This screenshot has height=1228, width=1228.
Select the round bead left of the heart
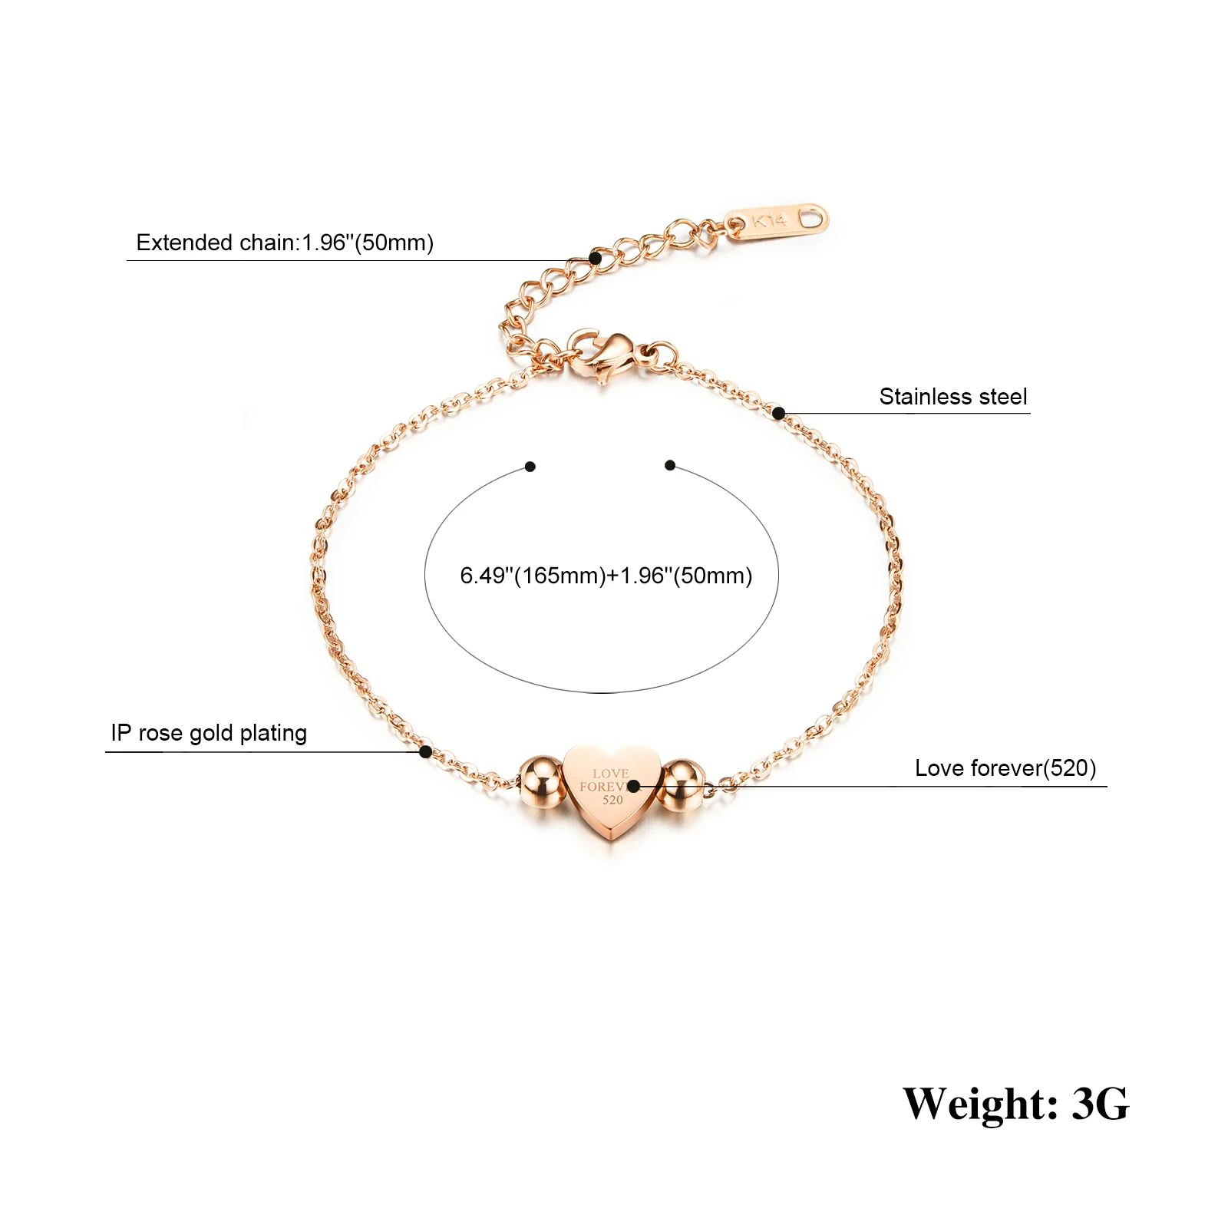(x=541, y=782)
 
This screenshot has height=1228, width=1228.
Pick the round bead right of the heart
(x=682, y=784)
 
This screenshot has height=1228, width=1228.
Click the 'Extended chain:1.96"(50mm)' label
(x=285, y=243)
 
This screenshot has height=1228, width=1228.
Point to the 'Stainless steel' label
(x=952, y=397)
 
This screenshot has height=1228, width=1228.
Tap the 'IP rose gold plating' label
(x=209, y=733)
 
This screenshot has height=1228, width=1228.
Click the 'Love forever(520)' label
(x=1005, y=768)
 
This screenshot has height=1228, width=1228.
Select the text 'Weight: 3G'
(x=1015, y=1104)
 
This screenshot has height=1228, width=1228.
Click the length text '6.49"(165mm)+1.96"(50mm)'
(x=606, y=576)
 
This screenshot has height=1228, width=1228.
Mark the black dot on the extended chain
(x=595, y=258)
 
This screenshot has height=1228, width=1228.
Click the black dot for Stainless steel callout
(x=778, y=414)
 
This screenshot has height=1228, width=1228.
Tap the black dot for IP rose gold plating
(x=425, y=752)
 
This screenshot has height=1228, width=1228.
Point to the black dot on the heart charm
(x=633, y=786)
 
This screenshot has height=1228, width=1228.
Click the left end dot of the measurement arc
(x=530, y=466)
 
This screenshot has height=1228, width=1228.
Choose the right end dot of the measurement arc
(x=670, y=465)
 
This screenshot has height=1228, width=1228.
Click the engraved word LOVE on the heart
(x=610, y=774)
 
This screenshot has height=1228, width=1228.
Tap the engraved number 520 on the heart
(x=612, y=801)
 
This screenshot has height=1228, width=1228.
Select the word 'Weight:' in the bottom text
(x=980, y=1104)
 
